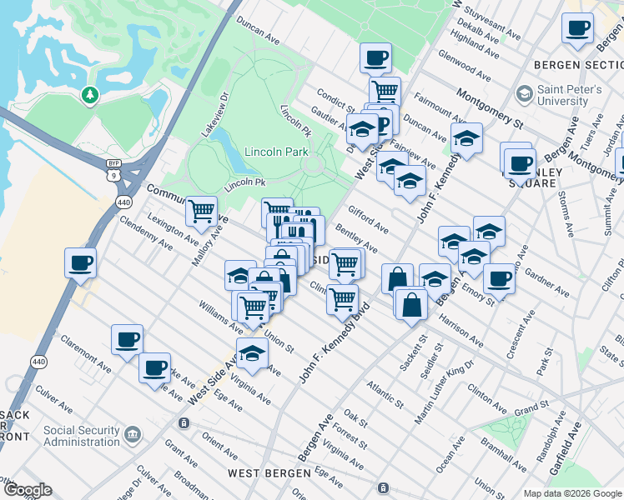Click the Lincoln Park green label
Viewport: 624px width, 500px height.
coord(276,152)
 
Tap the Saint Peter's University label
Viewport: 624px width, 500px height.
coord(569,95)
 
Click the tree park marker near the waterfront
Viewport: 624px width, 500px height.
coord(89,96)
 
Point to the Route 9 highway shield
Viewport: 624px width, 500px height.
coord(125,174)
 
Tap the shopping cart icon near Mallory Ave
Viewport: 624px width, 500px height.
coord(201,212)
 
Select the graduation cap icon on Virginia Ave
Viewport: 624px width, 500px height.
coord(252,353)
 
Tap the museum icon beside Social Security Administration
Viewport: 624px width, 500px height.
coord(133,435)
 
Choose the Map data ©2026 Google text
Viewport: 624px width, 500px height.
coord(571,492)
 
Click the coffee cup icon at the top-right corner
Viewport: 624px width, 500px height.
coord(577,28)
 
